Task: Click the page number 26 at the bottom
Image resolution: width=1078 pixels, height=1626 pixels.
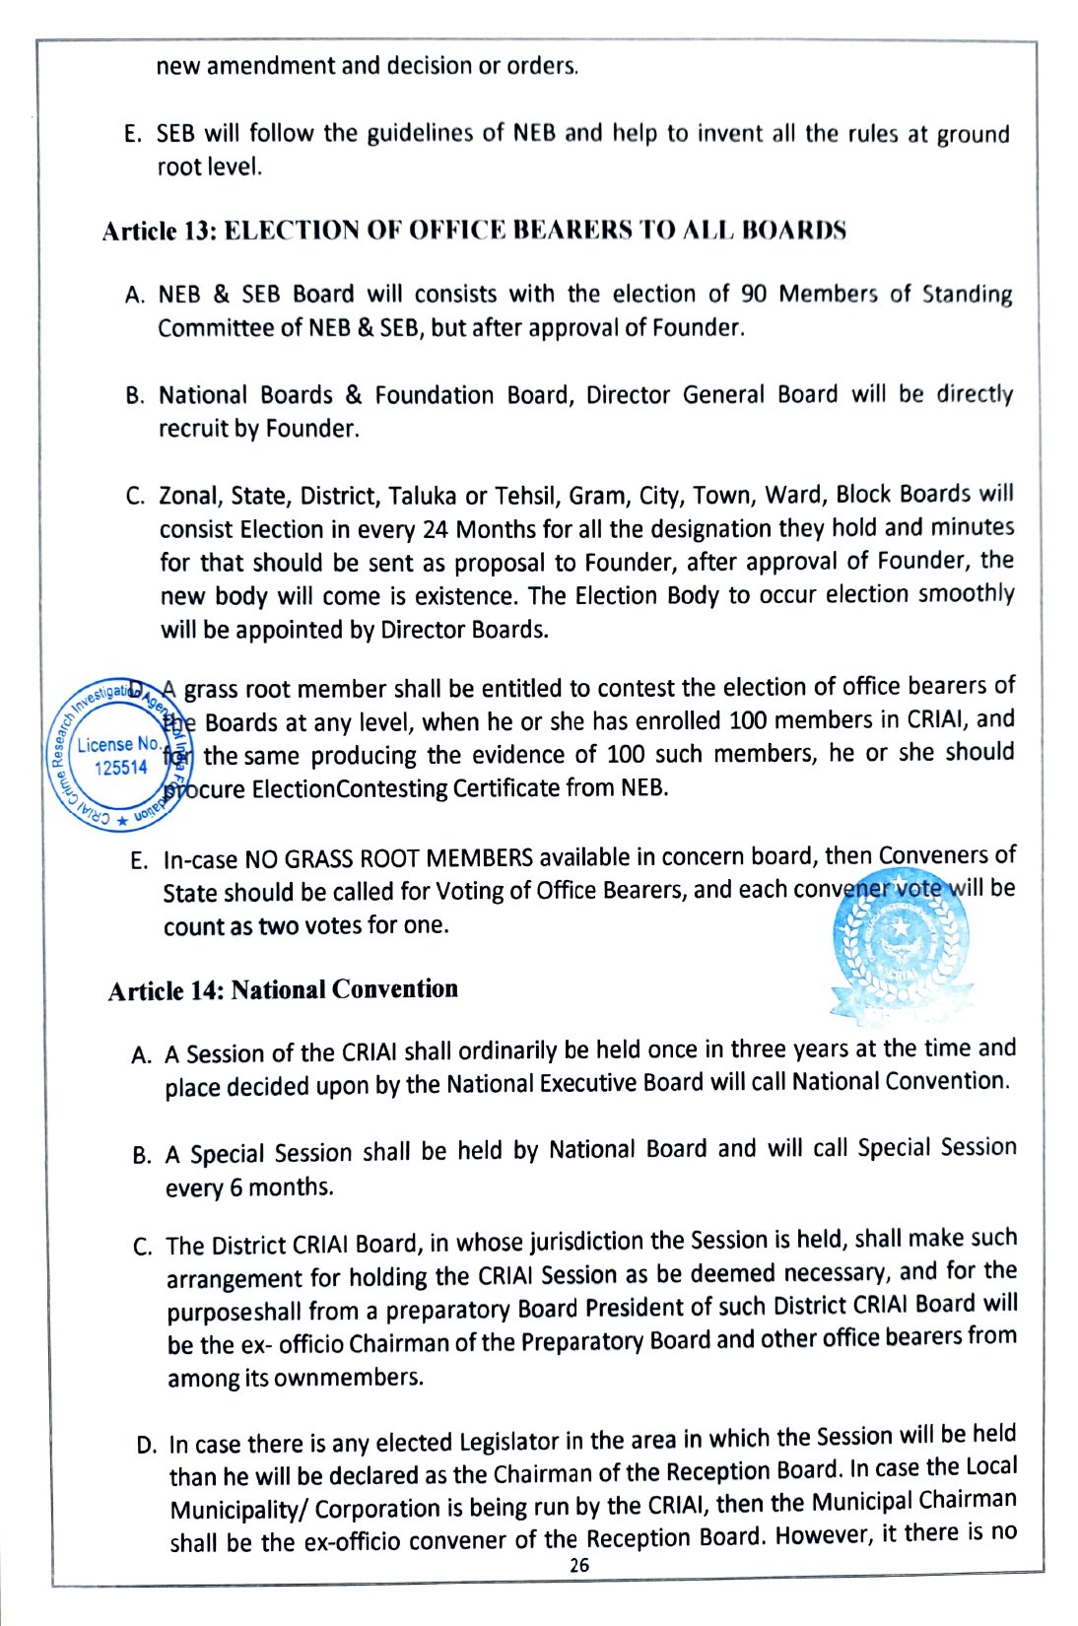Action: coord(579,1565)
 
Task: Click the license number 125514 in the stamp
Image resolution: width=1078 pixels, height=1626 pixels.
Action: coord(120,768)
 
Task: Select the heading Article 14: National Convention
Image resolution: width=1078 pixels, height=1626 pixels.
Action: coord(283,989)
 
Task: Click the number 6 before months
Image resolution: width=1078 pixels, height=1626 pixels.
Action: coord(236,1187)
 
